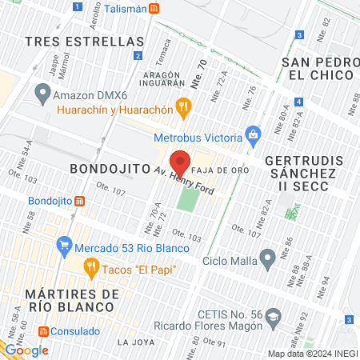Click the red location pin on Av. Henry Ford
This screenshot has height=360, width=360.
181,162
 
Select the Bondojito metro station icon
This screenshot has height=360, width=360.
78,201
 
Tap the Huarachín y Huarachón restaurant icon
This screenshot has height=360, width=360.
183,104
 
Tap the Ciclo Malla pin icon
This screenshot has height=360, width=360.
268,258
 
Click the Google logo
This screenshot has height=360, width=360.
26,350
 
